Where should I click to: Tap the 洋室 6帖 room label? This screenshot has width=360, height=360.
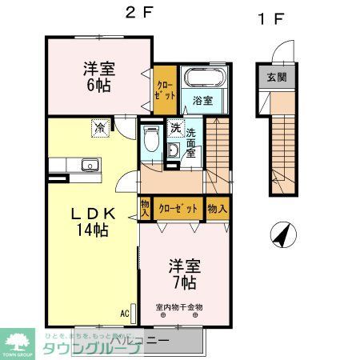click(98, 77)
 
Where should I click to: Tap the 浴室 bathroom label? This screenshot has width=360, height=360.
click(202, 101)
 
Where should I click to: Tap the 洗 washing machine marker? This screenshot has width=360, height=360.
click(175, 129)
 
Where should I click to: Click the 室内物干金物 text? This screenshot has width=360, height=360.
click(180, 306)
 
